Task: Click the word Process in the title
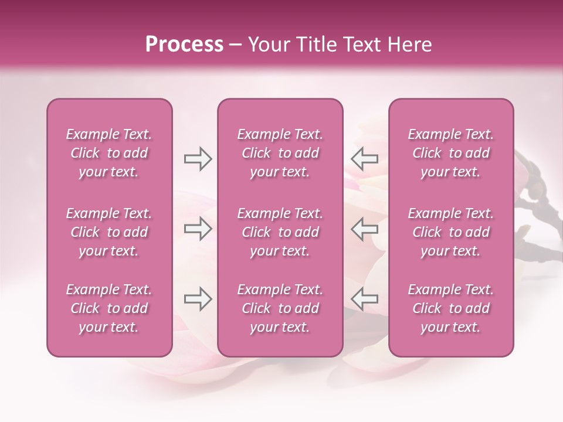coord(184,45)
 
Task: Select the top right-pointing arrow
coord(198,159)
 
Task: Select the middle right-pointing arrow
coord(198,229)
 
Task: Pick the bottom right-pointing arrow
coord(198,299)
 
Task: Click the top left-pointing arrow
coord(365,159)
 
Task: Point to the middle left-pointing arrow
coord(365,229)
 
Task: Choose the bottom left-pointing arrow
coord(365,299)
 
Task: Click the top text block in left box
coord(109,153)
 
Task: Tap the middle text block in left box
coord(109,232)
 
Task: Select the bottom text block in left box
coord(109,308)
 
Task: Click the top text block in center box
coord(280,153)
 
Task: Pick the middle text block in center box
coord(280,232)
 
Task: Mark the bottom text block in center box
coord(280,308)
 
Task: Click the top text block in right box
coord(450,153)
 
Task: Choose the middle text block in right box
coord(450,232)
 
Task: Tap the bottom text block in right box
coord(450,308)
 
